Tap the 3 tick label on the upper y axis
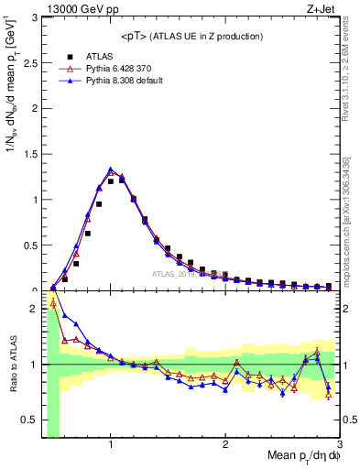35,17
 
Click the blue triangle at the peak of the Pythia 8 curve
111,169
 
